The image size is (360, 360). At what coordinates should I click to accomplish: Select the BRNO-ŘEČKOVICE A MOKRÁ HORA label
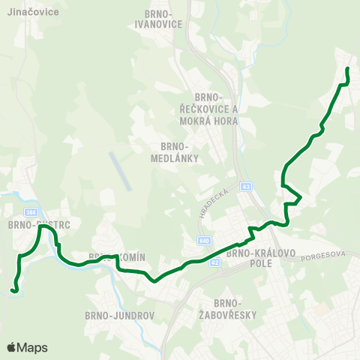214,108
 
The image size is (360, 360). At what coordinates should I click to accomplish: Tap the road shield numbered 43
246,186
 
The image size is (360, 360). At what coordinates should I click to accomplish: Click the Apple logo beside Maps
11,348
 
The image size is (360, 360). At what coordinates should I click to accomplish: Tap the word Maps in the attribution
32,348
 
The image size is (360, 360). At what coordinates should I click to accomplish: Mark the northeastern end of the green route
347,69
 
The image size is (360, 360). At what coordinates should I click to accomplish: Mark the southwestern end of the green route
13,289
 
